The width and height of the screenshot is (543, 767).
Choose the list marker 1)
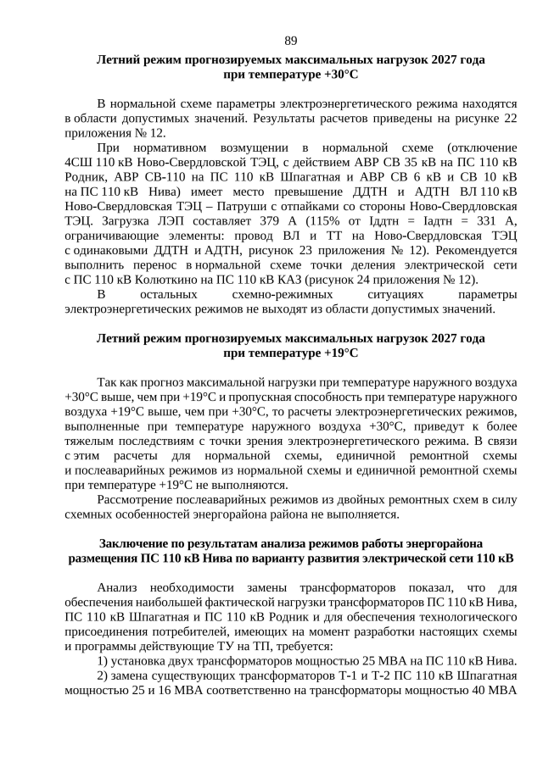click(x=103, y=662)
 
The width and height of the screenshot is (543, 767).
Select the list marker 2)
click(x=103, y=676)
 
